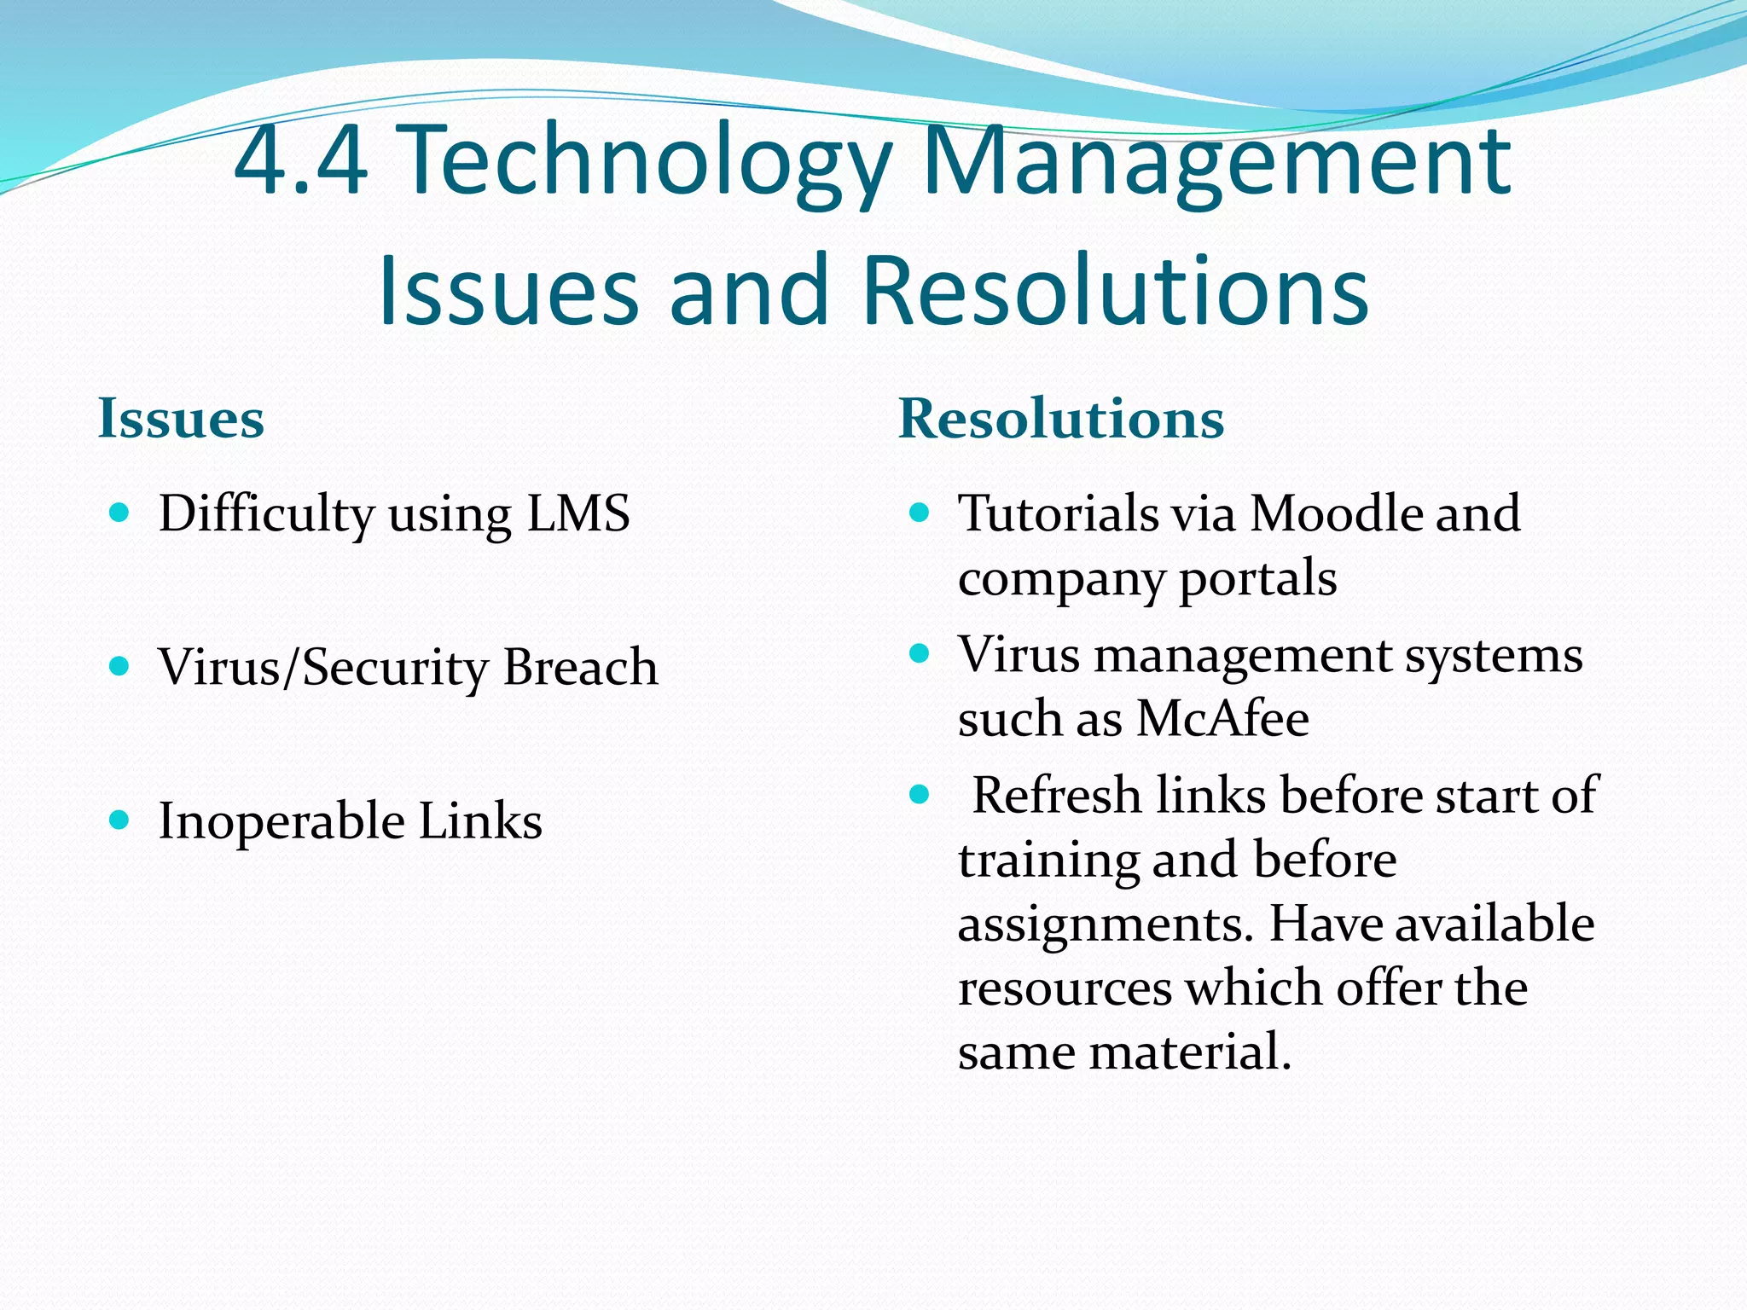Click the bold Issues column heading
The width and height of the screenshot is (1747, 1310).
181,419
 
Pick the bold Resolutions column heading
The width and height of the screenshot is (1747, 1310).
1061,419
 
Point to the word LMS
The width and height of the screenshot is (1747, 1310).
578,513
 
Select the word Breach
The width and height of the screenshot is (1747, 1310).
580,667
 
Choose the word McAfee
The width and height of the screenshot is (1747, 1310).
1223,718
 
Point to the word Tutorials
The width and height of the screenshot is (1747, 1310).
1058,513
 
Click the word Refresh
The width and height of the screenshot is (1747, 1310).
1057,796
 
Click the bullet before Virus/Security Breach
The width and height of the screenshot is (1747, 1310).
119,665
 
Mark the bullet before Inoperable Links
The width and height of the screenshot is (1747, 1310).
119,820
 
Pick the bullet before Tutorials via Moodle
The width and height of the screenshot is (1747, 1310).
919,513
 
